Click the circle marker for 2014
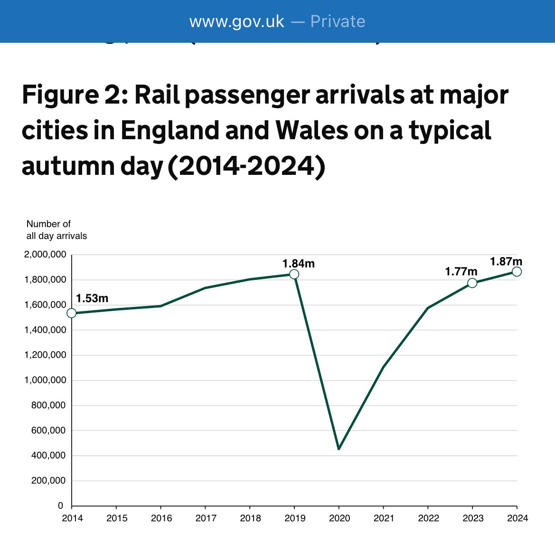pos(72,313)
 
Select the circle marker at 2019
pos(294,274)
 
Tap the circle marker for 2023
pos(472,283)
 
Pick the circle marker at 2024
pos(517,271)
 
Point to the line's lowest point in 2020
pos(339,449)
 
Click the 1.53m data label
pos(92,298)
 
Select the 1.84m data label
pos(298,264)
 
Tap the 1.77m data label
pos(461,272)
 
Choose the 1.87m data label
pos(506,261)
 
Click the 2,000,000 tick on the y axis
pos(45,255)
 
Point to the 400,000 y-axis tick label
pos(48,456)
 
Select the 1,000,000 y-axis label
pos(45,380)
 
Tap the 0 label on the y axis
pos(60,506)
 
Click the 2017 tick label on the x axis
pos(206,518)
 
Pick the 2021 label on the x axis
pos(384,518)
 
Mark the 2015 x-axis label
pos(117,518)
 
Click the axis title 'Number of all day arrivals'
pos(56,230)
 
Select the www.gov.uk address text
pos(236,21)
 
